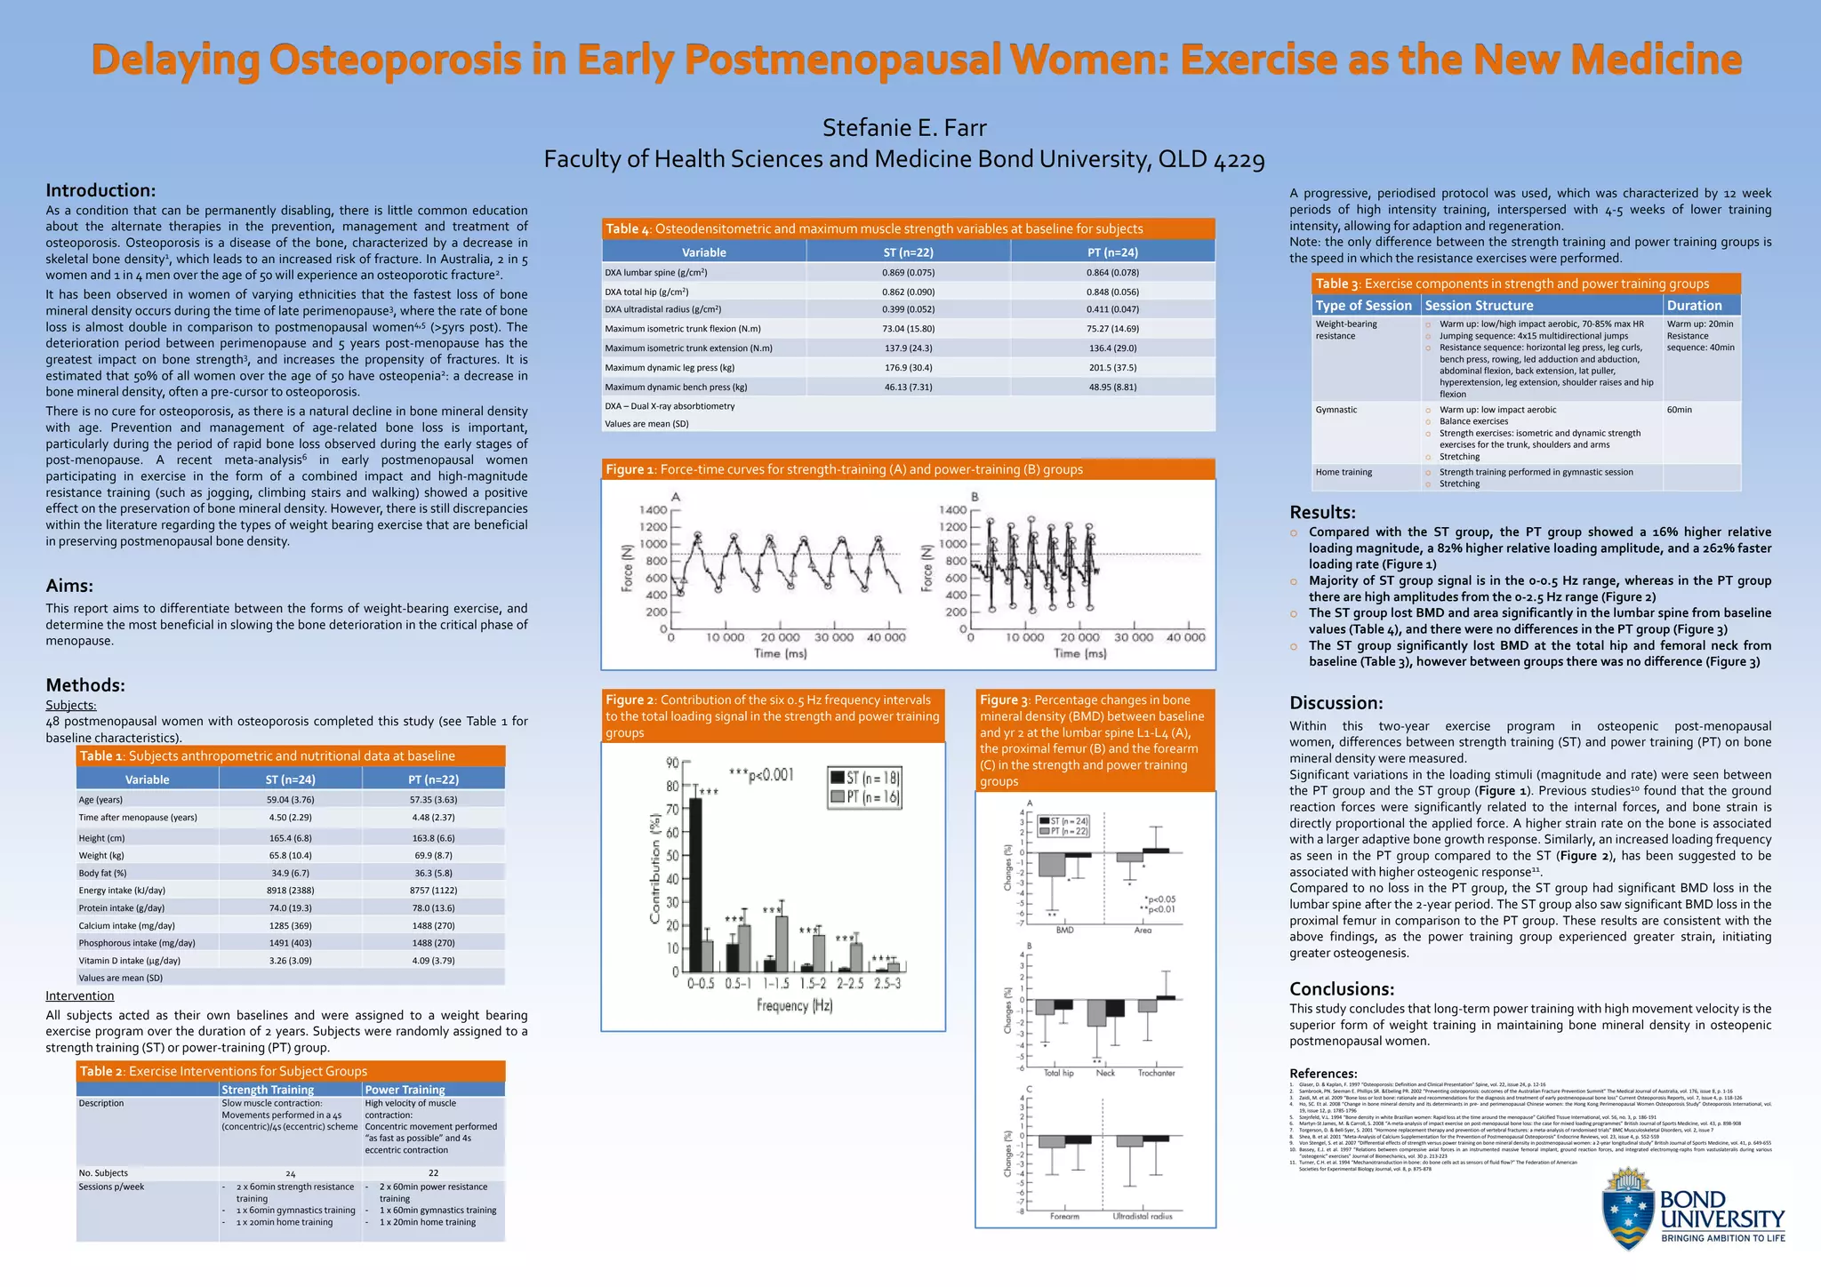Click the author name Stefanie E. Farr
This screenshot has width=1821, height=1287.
(904, 128)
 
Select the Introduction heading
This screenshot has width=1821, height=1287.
(100, 190)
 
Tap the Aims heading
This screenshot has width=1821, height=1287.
(69, 586)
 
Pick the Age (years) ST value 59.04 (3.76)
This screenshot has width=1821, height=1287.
(290, 799)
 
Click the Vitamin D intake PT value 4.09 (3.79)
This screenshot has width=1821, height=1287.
(433, 960)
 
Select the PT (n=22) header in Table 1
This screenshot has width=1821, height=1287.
(433, 779)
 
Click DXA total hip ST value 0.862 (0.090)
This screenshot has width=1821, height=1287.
(908, 292)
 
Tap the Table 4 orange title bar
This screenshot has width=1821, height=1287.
(908, 228)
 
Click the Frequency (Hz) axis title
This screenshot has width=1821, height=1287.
(794, 1006)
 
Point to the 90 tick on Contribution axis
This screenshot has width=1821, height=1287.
(672, 763)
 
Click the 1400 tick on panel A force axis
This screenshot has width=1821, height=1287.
(653, 510)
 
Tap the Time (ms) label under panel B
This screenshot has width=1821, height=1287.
(1079, 653)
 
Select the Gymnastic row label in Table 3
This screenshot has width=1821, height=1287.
(1336, 410)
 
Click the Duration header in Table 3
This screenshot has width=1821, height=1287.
(1694, 305)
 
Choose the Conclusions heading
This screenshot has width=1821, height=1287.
(1341, 989)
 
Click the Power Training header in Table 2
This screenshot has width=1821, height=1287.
(405, 1090)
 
